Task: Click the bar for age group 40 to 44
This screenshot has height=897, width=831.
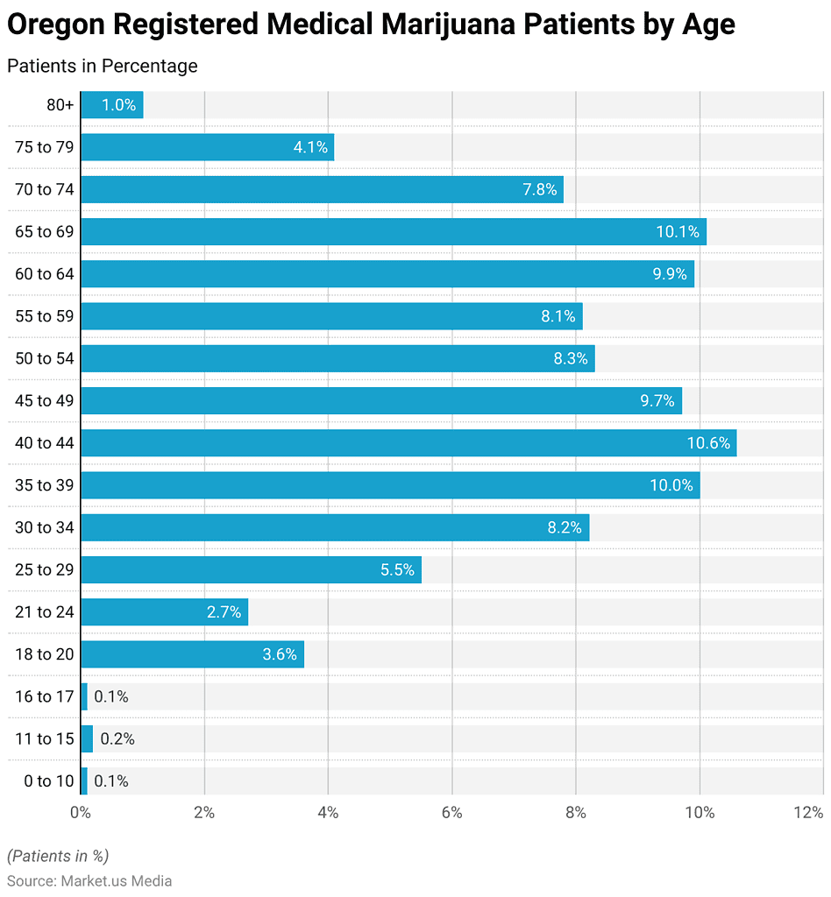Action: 408,443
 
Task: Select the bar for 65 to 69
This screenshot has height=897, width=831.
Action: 393,232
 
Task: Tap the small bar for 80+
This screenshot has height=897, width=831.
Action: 111,105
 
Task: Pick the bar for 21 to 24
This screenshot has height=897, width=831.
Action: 164,612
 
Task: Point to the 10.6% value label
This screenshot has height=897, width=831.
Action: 708,443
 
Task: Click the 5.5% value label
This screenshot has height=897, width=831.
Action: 397,570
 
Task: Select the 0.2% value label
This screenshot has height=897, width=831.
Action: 117,739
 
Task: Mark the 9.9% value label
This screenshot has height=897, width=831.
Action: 670,274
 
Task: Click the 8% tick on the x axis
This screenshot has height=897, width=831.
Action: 576,813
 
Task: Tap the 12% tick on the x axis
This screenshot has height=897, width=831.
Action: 807,813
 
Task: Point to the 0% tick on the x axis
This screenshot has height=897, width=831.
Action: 81,813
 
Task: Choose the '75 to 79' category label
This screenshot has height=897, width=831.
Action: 45,147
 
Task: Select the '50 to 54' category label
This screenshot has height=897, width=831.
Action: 45,358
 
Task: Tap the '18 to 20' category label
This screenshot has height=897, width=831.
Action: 45,654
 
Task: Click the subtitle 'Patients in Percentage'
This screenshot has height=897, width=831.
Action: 103,66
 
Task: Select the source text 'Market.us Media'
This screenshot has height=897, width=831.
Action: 116,880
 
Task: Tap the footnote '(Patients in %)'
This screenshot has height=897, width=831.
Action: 58,856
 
